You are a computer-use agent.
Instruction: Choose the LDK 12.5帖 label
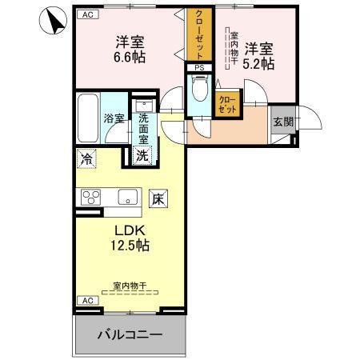coord(127,236)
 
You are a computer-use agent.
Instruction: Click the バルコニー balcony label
coord(130,334)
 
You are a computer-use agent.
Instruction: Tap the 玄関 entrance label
coord(282,122)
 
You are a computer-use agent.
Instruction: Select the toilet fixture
coord(200,90)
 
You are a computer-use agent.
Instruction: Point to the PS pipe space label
coord(200,68)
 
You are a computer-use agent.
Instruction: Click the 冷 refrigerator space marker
coord(86,159)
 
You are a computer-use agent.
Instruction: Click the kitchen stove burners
coord(89,196)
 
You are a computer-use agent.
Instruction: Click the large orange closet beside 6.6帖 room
coord(197,34)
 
